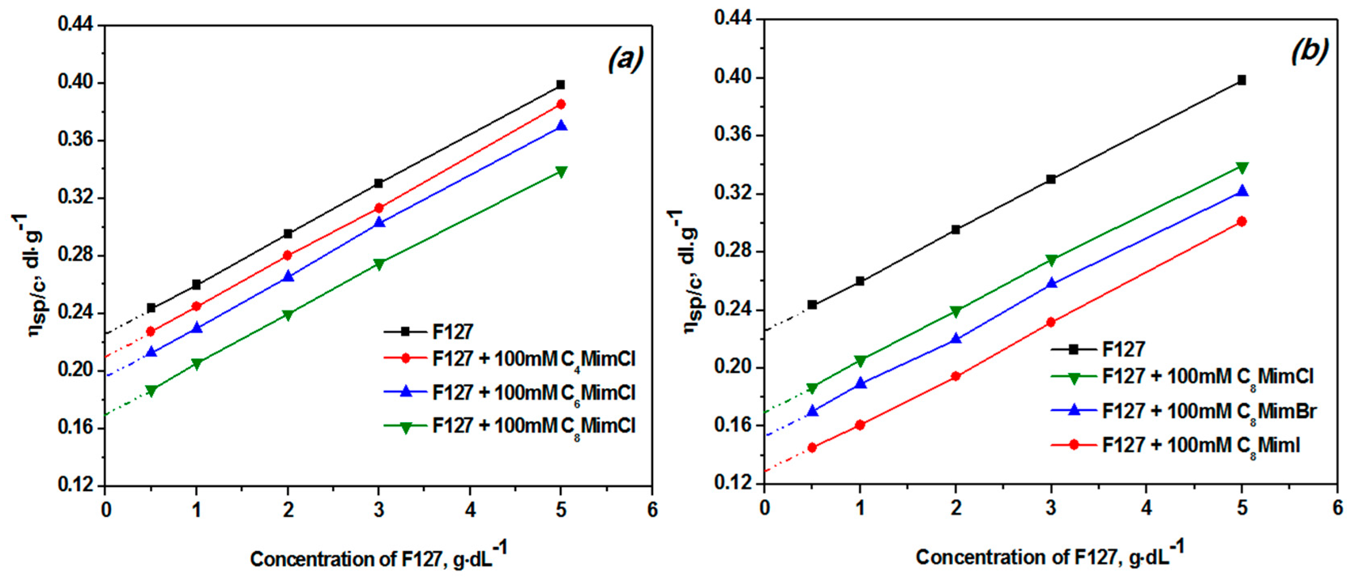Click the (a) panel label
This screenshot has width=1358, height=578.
point(626,59)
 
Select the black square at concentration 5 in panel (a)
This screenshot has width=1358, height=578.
point(560,85)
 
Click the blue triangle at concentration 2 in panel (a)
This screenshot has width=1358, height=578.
point(288,276)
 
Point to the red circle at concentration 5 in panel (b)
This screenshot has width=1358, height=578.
point(1241,221)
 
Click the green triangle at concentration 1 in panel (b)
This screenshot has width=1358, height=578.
point(860,360)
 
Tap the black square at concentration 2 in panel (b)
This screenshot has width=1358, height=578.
point(955,230)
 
